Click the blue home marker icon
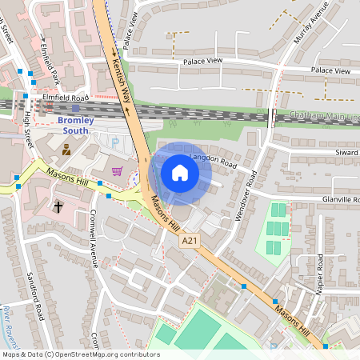(x=180, y=173)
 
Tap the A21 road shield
(x=189, y=241)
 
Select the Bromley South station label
(x=76, y=126)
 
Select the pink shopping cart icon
(x=118, y=170)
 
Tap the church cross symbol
(x=58, y=206)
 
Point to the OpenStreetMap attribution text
(x=80, y=354)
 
